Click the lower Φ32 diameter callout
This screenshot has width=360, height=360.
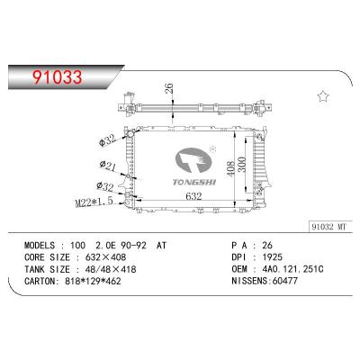point(107,186)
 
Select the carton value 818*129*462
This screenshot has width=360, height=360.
point(105,281)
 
